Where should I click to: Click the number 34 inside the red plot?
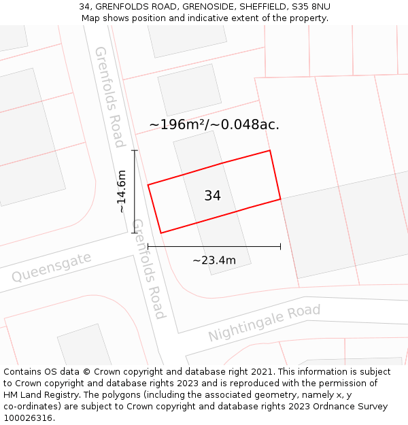(212, 196)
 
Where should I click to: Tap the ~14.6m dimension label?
(122, 192)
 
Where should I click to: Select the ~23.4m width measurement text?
(214, 260)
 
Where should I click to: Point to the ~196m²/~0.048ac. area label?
(214, 125)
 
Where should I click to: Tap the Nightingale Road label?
(264, 324)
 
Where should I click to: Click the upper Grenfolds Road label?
(109, 97)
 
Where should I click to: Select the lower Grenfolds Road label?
(149, 269)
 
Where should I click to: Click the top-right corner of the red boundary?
(270, 150)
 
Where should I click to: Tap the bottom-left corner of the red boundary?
(161, 233)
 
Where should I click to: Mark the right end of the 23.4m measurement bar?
(280, 246)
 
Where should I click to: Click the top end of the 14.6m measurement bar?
(135, 151)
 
